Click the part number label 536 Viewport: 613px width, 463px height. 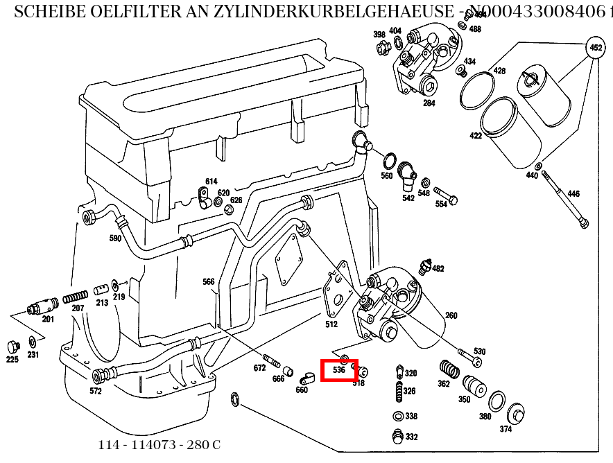tap(339, 370)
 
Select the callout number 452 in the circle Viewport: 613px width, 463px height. tap(594, 48)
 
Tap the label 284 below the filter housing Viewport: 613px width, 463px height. tap(429, 103)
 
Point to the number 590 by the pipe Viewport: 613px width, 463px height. tap(115, 238)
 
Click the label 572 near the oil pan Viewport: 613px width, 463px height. tap(95, 391)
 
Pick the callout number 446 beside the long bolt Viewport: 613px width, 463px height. tap(573, 194)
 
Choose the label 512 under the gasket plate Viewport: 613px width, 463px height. tap(331, 324)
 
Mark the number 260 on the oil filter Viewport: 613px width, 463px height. tap(451, 316)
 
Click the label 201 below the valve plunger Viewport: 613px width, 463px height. tap(48, 319)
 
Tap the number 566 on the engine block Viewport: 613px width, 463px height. tap(209, 281)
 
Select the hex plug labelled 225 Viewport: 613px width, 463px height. tap(12, 346)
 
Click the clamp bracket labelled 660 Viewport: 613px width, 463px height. tap(306, 378)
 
